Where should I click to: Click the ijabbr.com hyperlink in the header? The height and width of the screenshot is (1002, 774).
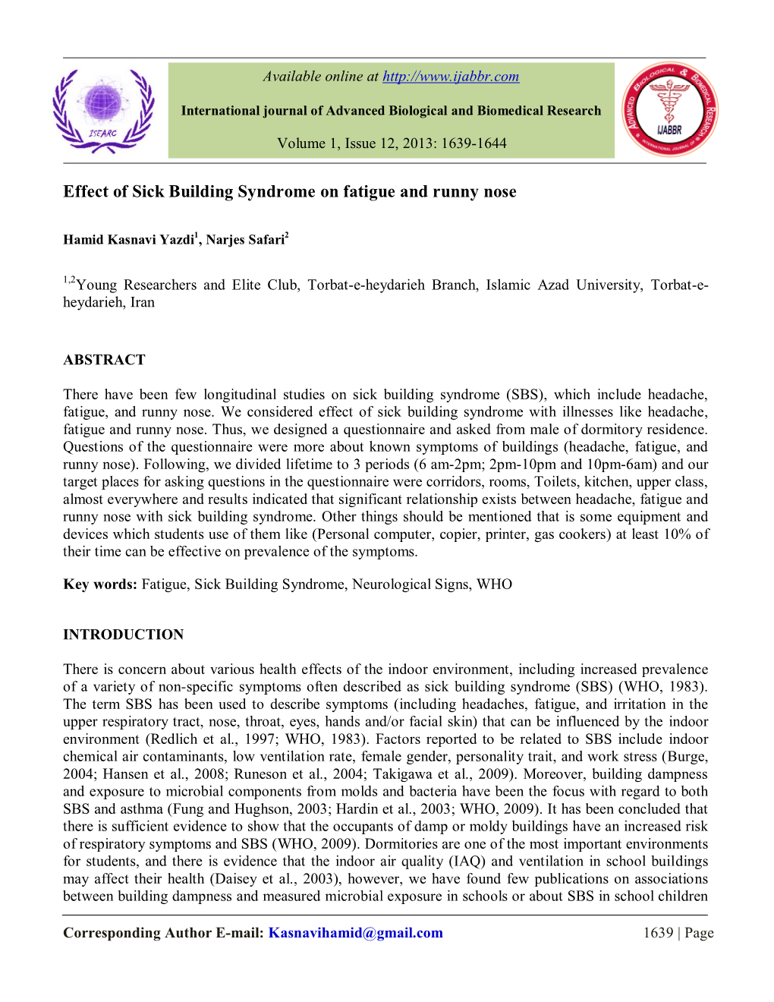click(x=451, y=77)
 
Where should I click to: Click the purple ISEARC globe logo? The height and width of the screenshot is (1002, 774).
click(x=103, y=111)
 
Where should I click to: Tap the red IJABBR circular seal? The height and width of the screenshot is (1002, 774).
click(x=669, y=110)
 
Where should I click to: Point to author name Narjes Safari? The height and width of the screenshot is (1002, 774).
click(x=245, y=240)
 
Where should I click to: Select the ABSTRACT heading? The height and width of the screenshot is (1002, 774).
click(x=104, y=360)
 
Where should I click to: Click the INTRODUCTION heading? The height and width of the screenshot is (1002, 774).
click(x=123, y=635)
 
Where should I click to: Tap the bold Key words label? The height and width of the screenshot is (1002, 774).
click(x=100, y=584)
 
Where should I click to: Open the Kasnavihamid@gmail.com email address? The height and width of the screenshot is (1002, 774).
click(x=355, y=933)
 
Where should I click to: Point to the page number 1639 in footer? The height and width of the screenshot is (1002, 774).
click(x=658, y=933)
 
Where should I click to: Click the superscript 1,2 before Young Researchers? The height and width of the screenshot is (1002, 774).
click(x=69, y=281)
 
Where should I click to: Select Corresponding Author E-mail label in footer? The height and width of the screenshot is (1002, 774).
click(x=163, y=933)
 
